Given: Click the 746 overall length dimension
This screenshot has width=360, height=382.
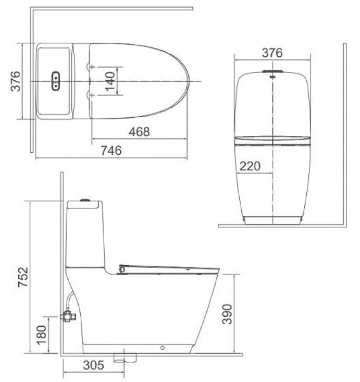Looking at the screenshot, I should tap(110, 151).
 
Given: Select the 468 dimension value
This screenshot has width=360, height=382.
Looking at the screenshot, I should tap(139, 132).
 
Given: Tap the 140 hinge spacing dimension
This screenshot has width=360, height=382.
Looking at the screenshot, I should tap(109, 81).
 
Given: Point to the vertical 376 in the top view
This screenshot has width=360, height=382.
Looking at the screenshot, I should tap(16, 81).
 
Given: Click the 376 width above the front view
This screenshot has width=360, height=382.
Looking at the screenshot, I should tap(272, 53).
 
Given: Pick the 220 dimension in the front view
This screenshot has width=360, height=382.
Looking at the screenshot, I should tap(250, 166).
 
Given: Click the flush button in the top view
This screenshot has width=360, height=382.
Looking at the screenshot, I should tap(55, 81).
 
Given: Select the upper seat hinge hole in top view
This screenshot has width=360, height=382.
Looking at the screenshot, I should tap(92, 67).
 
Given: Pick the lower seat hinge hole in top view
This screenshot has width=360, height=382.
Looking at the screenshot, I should tap(92, 95).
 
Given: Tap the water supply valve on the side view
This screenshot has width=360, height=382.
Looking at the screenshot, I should tap(67, 315).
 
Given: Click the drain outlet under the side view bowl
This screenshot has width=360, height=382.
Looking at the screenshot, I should tap(125, 358).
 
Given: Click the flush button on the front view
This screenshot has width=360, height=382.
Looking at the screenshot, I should tap(272, 71).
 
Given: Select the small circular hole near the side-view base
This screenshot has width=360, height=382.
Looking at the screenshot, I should tap(164, 347).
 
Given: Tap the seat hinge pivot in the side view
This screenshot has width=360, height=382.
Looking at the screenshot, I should tap(122, 269).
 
